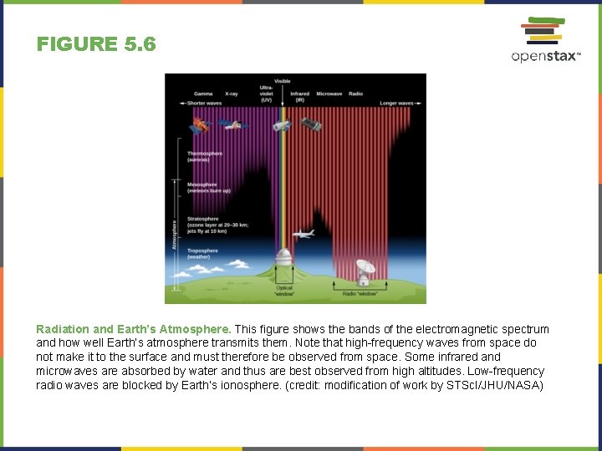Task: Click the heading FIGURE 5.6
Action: [x=96, y=44]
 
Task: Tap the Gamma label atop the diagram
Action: [x=203, y=94]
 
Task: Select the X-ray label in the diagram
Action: [x=232, y=94]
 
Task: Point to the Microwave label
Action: [x=329, y=94]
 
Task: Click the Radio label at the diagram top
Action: [x=355, y=94]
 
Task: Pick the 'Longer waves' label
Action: [x=396, y=103]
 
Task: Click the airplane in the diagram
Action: [x=303, y=234]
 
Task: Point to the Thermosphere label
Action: [x=203, y=156]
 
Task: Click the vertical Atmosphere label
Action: [x=175, y=234]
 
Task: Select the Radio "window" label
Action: [x=360, y=293]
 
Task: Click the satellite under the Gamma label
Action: [x=198, y=126]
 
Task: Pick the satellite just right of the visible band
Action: [x=311, y=124]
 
